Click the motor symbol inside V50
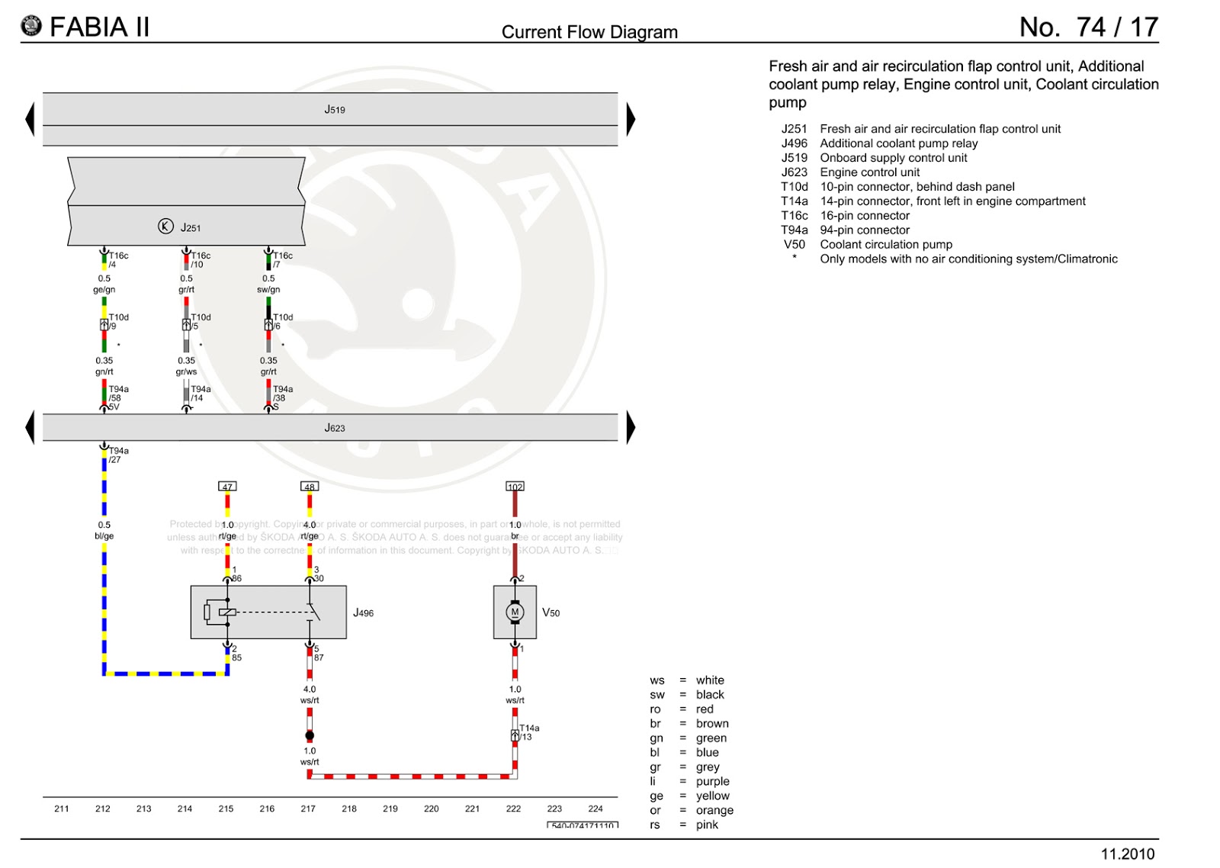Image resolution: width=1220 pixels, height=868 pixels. [515, 612]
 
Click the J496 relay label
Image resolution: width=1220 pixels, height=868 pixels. [363, 612]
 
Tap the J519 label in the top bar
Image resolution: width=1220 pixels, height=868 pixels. [334, 110]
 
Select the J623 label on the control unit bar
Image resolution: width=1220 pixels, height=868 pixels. [334, 428]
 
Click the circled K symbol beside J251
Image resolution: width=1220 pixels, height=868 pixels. [165, 226]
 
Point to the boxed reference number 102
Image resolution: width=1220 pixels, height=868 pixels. [515, 487]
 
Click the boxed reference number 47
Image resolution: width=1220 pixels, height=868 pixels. [227, 487]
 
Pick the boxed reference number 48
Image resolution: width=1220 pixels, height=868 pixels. [309, 487]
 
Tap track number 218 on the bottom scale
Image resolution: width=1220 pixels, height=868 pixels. [349, 809]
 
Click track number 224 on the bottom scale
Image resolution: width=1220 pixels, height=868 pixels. [596, 809]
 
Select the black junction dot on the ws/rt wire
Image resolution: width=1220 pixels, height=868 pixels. [310, 736]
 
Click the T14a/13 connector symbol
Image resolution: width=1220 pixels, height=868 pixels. [515, 735]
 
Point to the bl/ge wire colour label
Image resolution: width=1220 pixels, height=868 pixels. [104, 536]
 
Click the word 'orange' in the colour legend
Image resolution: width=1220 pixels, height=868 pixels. [714, 810]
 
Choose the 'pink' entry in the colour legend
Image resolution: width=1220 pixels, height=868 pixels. [707, 825]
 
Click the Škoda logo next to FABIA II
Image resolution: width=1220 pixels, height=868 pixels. [31, 27]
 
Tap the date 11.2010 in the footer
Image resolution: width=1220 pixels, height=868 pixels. [1128, 854]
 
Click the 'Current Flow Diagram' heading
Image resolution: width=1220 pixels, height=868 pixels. [589, 32]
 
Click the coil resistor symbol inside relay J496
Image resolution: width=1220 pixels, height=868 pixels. [207, 612]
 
